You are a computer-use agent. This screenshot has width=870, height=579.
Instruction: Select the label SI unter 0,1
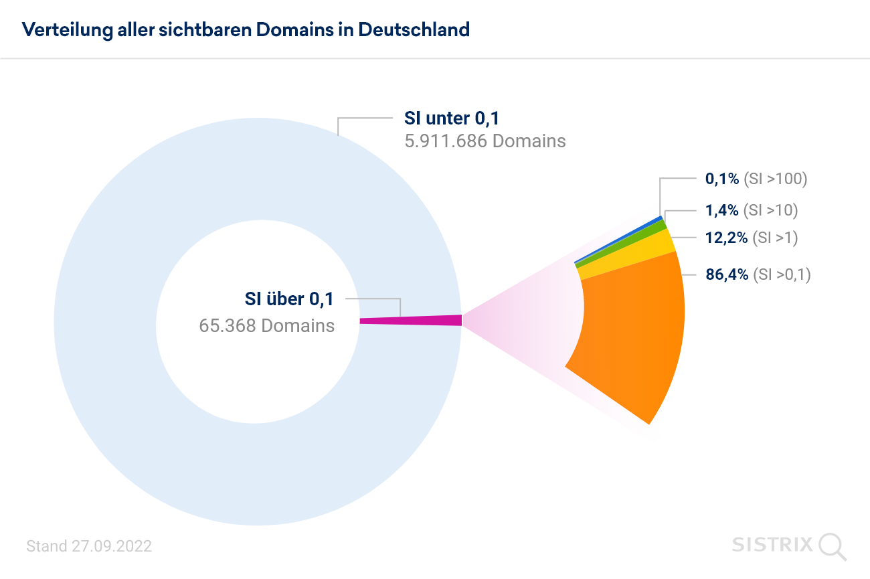[x=452, y=118]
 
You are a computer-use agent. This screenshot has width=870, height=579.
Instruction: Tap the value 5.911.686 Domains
[x=485, y=141]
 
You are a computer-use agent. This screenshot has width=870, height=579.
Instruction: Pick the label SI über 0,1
[x=289, y=299]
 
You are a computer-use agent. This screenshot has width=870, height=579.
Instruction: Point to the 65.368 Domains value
[x=266, y=325]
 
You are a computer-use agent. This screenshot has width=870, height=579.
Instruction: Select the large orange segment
[x=632, y=335]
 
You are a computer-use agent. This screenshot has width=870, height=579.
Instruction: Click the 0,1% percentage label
[x=722, y=179]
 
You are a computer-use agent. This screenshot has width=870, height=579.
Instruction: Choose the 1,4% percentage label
[x=722, y=210]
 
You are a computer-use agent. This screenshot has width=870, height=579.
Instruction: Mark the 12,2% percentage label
[x=726, y=237]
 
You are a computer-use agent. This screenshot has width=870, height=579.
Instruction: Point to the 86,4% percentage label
[x=727, y=274]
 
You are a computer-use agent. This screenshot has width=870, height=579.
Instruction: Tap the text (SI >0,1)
[x=782, y=274]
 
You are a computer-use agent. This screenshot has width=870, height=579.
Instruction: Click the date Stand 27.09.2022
[x=89, y=546]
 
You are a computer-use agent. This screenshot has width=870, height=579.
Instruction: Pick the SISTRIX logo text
[x=772, y=544]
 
